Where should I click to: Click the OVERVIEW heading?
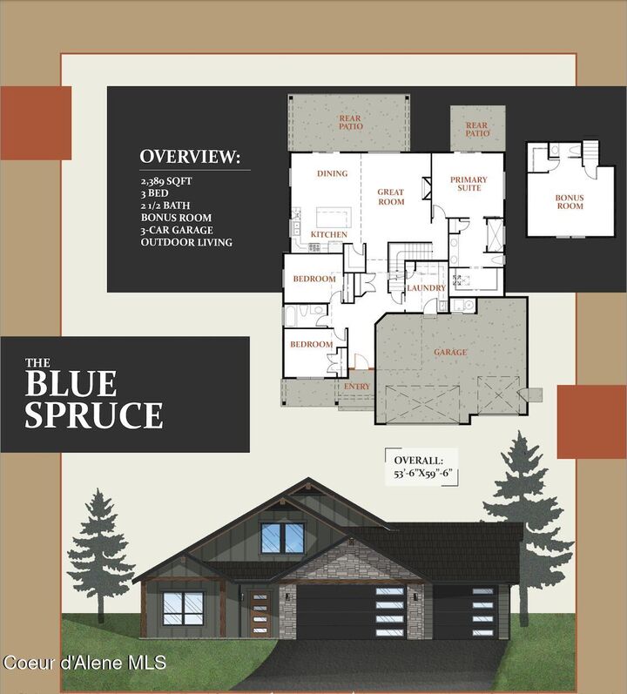[191, 157]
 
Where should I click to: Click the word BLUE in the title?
[71, 385]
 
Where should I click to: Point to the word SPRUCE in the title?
[93, 414]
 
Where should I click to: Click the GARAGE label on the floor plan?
[450, 353]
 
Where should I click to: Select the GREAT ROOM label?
[391, 197]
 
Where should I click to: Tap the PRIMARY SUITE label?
[469, 184]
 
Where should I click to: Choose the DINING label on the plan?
[332, 173]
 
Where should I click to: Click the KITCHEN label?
[329, 235]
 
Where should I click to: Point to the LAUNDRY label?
[426, 288]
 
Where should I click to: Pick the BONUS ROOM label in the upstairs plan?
[570, 202]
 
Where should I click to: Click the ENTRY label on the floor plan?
[357, 387]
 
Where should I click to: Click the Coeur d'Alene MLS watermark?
[84, 664]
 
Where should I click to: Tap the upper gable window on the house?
[282, 538]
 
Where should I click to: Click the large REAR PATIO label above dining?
[351, 121]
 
